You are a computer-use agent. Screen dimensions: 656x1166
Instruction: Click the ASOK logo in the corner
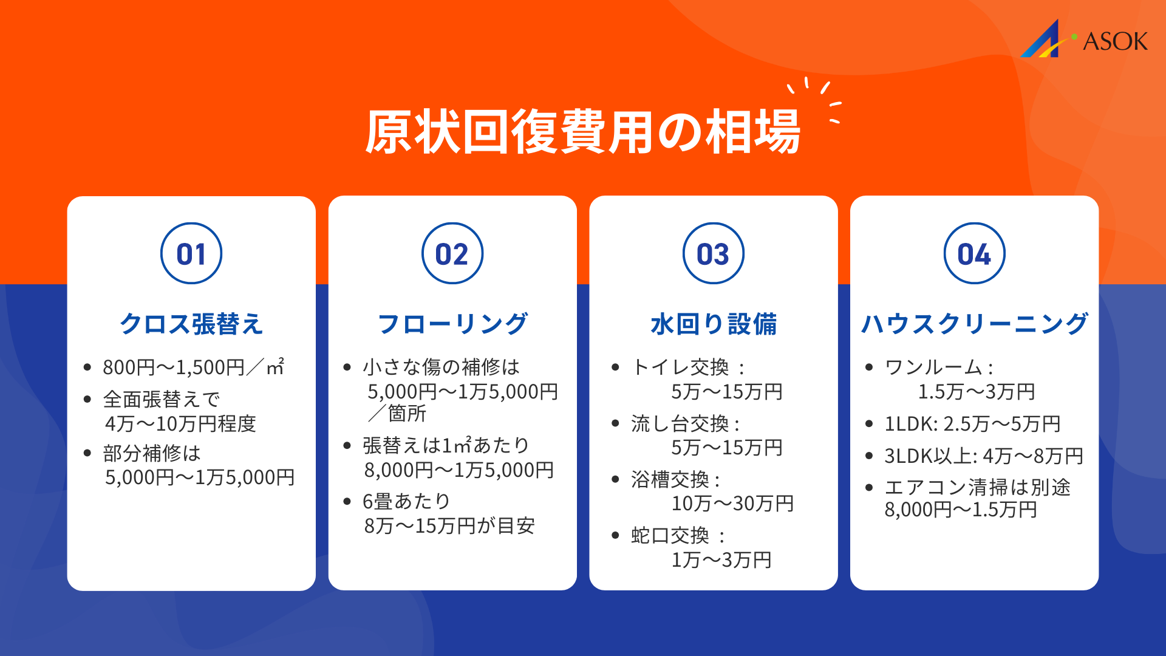point(1084,39)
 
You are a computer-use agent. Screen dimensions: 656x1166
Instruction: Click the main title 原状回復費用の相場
point(582,132)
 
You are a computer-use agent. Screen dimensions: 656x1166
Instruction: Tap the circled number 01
point(191,254)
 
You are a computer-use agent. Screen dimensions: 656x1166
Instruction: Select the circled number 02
point(452,254)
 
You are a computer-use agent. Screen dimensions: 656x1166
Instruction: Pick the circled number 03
point(713,254)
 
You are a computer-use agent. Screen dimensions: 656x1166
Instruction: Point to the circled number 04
point(974,254)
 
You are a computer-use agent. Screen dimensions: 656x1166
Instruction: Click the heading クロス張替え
point(191,324)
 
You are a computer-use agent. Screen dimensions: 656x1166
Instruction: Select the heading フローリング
point(452,324)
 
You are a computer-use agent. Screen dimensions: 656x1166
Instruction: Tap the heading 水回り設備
point(713,324)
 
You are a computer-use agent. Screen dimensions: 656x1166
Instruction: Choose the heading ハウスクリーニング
point(974,324)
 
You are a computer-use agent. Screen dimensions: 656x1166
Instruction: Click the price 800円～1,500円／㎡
point(193,367)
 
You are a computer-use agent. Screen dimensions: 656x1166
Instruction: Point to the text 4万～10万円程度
point(180,423)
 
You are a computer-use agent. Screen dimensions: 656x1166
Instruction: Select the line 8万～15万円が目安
point(449,525)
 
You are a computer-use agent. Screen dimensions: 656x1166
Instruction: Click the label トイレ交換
point(680,367)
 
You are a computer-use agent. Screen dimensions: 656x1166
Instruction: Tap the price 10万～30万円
point(732,504)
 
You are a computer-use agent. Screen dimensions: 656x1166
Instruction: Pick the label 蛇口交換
point(670,535)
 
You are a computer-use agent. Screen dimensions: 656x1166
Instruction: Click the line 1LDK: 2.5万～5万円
point(972,423)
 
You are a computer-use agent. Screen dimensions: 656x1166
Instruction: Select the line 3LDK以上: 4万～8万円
point(983,456)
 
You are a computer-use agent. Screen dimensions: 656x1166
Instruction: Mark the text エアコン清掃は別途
point(977,487)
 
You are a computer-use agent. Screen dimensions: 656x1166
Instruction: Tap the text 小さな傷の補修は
point(441,367)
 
